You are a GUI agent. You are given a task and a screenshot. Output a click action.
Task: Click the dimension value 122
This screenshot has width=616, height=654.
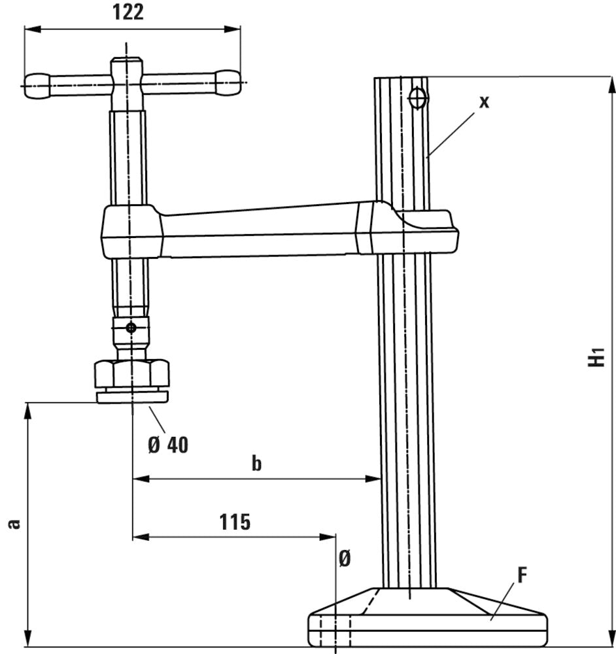point(129,12)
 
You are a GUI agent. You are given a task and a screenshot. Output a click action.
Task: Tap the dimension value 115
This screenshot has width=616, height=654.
point(234,522)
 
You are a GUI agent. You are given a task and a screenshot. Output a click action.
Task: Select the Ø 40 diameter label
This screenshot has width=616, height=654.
point(168,445)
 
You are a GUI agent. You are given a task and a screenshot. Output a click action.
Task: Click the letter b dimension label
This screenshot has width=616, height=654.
point(256,464)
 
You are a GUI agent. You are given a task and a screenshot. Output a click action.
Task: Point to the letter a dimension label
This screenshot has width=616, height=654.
point(14,523)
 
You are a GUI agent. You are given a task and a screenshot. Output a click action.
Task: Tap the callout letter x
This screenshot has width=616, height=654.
point(483,101)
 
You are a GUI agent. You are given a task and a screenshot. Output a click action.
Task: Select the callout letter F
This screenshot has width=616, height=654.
point(522,575)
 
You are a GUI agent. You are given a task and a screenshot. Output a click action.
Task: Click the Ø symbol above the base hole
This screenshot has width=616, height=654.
point(345,559)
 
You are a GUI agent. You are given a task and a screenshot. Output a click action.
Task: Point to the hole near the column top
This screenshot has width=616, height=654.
point(417,98)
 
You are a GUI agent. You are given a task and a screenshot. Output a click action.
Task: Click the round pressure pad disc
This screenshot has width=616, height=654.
point(132,396)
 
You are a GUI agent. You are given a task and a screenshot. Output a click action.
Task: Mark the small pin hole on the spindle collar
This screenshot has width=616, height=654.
point(131,327)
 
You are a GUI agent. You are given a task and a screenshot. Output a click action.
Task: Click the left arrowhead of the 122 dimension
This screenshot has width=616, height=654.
point(30,29)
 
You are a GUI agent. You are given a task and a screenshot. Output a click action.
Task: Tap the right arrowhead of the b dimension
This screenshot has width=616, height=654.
point(375,479)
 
